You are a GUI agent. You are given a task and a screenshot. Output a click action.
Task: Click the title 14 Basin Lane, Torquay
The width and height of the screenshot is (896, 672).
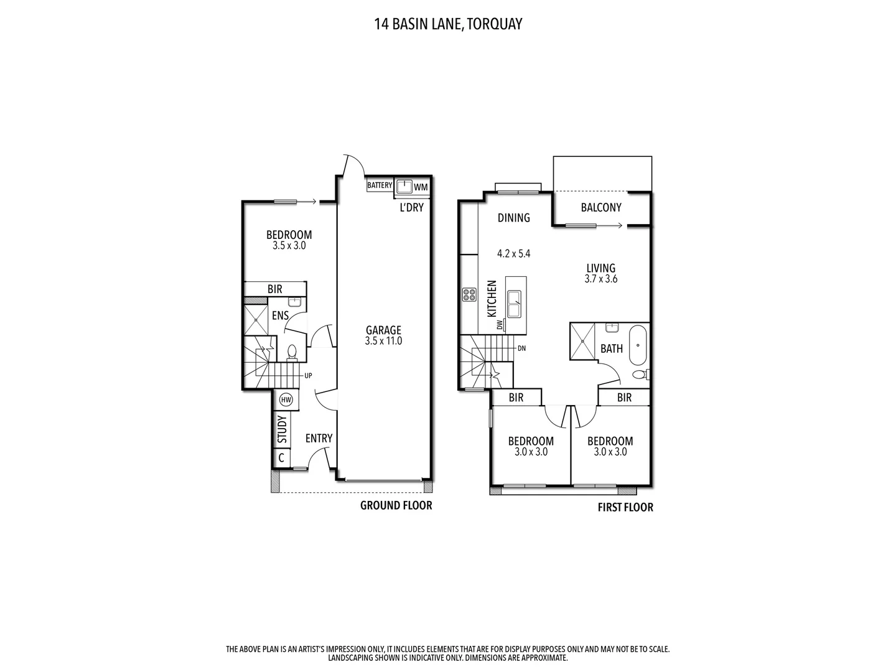(447, 24)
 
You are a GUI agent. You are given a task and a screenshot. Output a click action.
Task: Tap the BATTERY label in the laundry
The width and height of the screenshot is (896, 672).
(380, 185)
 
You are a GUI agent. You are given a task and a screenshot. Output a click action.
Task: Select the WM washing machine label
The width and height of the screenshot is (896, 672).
(421, 187)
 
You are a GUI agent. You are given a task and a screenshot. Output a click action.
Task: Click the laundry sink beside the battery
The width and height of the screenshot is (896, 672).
(404, 186)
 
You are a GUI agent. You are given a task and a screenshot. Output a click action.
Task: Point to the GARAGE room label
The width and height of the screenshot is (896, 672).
(383, 330)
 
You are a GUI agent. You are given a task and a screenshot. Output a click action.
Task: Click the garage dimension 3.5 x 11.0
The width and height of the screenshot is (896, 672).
(383, 341)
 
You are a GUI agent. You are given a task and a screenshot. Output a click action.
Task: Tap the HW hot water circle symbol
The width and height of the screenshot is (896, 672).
(286, 399)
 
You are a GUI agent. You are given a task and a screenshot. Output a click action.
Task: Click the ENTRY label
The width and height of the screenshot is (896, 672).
(319, 439)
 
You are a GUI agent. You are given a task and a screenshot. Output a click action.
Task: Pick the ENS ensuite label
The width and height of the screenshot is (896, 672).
(280, 315)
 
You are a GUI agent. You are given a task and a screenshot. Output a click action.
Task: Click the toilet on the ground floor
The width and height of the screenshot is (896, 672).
(292, 353)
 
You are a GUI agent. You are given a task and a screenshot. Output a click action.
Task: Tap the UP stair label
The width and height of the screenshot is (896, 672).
(308, 376)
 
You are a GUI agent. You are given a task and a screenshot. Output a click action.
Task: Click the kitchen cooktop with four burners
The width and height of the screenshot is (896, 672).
(469, 295)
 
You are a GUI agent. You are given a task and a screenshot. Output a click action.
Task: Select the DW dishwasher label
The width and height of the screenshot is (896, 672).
(500, 325)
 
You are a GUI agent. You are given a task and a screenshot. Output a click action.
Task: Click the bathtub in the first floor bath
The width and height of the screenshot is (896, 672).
(639, 347)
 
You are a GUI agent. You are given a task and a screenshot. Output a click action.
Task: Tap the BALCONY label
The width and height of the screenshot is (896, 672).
(601, 207)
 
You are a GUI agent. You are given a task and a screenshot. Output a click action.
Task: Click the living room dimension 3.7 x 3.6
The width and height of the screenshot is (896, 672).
(600, 279)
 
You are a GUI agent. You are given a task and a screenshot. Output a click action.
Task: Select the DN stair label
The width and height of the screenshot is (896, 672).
(521, 348)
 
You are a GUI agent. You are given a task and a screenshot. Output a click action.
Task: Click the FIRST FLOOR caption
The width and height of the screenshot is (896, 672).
(625, 507)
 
